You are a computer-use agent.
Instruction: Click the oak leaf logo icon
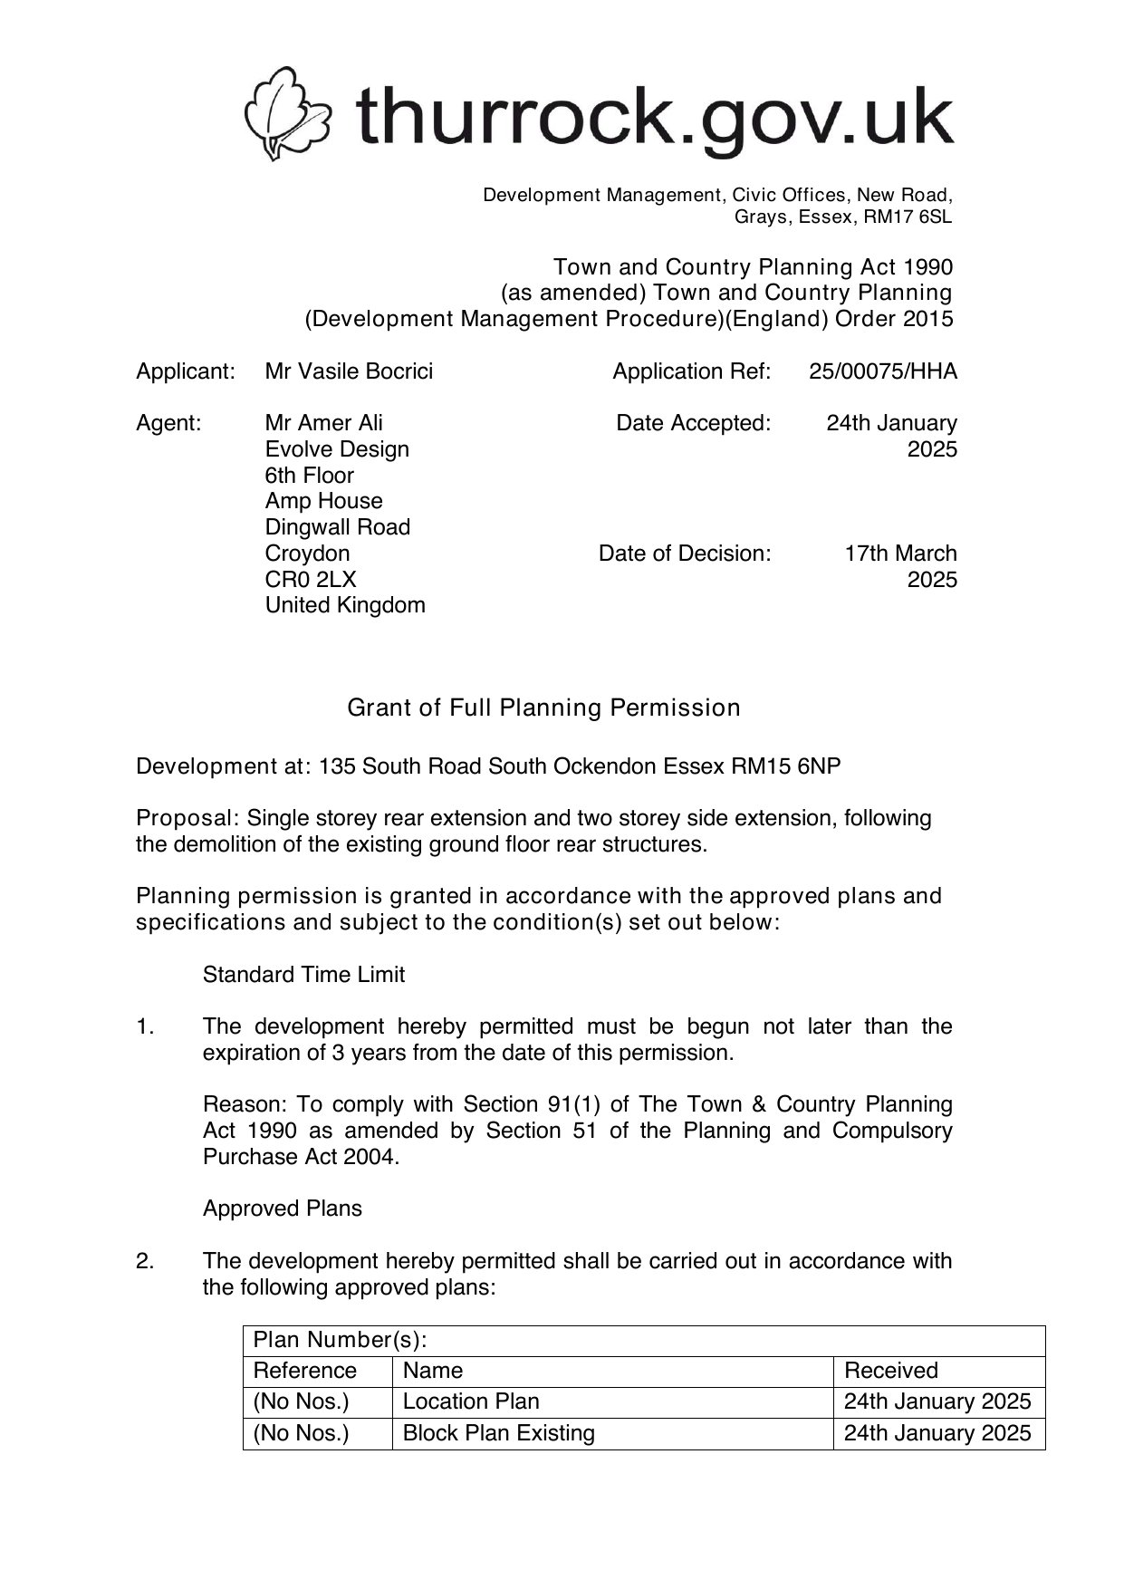pos(287,115)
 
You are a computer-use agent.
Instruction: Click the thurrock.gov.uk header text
pos(654,117)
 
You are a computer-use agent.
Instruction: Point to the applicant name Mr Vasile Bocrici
pos(349,371)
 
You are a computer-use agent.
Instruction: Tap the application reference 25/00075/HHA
pos(883,371)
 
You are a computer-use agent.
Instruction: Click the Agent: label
pos(168,423)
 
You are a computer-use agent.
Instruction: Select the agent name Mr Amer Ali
pos(323,423)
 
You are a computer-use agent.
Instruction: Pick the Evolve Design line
pos(337,449)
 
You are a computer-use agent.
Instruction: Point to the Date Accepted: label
pos(693,423)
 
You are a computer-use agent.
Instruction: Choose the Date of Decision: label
pos(685,554)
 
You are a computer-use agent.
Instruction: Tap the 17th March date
pos(900,554)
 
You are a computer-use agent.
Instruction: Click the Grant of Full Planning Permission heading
pos(543,708)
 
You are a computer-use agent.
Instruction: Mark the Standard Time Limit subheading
pos(303,975)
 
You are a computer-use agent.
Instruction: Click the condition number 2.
pos(145,1261)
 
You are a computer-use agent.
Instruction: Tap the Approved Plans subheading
pos(282,1209)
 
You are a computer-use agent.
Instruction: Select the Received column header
pos(890,1371)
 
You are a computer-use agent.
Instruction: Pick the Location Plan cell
pos(471,1401)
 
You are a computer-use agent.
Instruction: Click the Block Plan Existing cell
pos(498,1433)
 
